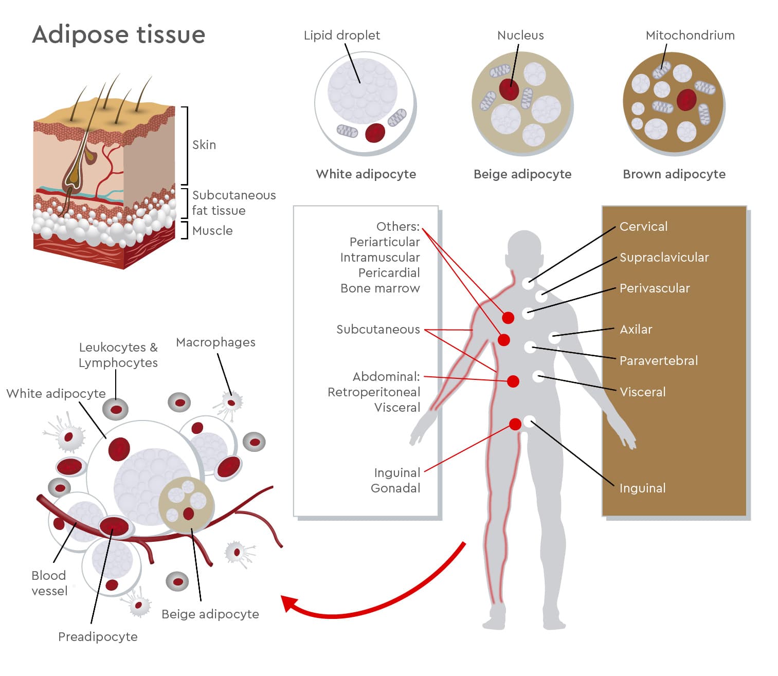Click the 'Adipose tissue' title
tap(119, 34)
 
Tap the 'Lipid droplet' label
tap(341, 35)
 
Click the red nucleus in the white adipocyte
tap(375, 133)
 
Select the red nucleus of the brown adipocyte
tap(686, 99)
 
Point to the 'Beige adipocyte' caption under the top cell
tap(522, 174)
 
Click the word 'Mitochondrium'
tap(690, 35)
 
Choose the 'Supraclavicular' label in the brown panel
tap(664, 258)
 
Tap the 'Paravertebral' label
tap(658, 361)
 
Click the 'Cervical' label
tap(643, 227)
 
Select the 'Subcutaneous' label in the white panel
tap(378, 330)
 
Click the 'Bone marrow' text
tap(380, 288)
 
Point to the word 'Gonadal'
tap(395, 488)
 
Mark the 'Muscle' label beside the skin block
tap(212, 231)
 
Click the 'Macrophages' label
tap(215, 342)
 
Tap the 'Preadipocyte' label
tap(98, 637)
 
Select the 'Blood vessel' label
tap(49, 583)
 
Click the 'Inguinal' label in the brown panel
tap(642, 488)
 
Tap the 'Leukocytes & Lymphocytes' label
tap(118, 355)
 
